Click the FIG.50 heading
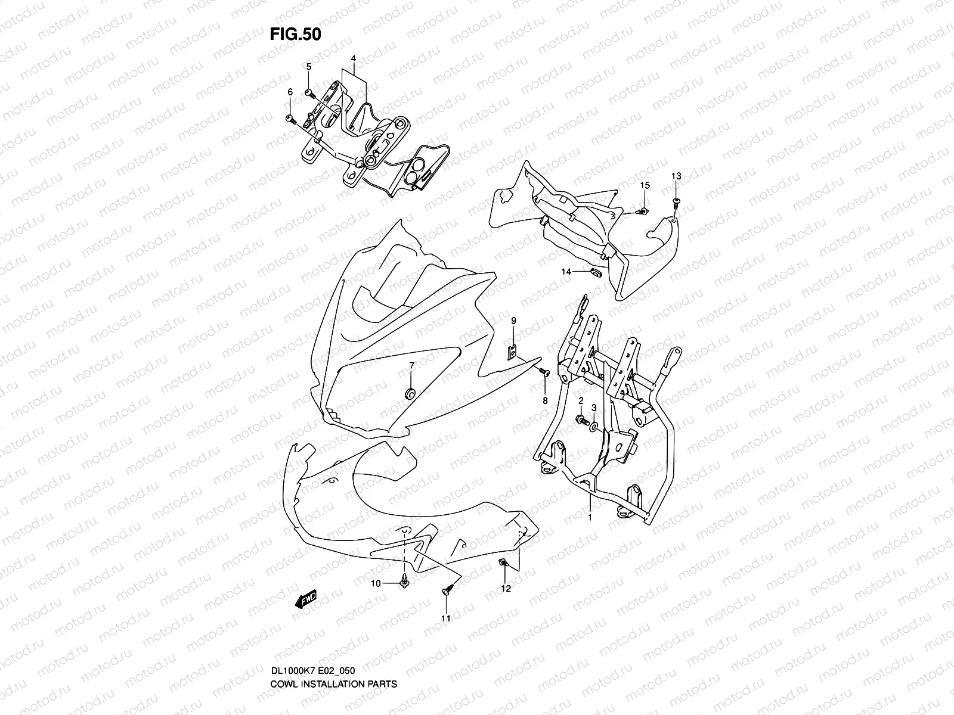tap(295, 35)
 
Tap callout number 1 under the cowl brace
tap(590, 517)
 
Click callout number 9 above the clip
tap(513, 321)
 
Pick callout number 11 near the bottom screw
tap(445, 618)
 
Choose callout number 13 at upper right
tap(676, 176)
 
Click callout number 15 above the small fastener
tap(645, 186)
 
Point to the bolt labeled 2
tap(579, 421)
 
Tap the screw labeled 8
tap(543, 372)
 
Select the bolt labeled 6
tap(290, 120)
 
